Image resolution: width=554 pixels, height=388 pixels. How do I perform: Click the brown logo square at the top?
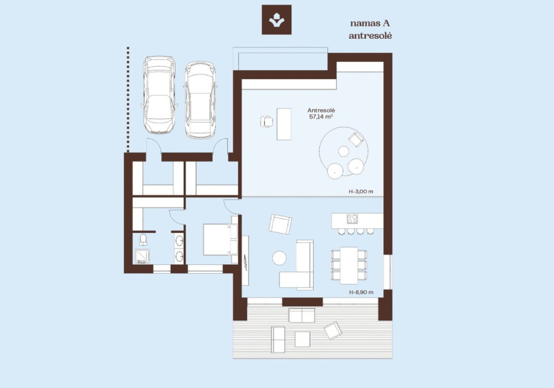click(x=276, y=20)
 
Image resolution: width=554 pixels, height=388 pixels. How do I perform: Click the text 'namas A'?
click(x=370, y=23)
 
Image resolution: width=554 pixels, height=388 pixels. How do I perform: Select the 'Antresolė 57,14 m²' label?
click(x=321, y=114)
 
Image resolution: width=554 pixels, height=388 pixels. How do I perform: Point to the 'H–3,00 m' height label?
click(x=361, y=192)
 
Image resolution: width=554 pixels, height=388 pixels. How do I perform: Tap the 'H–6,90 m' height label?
click(x=361, y=292)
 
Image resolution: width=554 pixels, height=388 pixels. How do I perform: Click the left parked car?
click(x=159, y=95)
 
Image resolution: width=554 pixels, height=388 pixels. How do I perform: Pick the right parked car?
click(x=199, y=100)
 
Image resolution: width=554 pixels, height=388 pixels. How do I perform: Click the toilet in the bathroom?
click(x=143, y=239)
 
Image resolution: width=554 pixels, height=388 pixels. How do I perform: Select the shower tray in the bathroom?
click(x=142, y=256)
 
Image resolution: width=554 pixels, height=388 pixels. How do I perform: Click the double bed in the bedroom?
click(x=221, y=240)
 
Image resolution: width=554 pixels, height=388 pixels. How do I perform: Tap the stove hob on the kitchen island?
click(x=352, y=219)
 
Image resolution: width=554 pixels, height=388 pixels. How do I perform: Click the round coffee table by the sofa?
click(x=279, y=257)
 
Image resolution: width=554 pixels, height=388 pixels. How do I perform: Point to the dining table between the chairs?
click(x=348, y=265)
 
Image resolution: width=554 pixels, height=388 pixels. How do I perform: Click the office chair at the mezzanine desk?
click(x=266, y=122)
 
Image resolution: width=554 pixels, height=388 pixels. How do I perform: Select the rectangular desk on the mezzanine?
click(x=284, y=124)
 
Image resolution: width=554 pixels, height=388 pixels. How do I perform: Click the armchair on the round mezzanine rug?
click(x=356, y=140)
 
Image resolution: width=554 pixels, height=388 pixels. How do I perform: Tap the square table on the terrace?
click(x=302, y=339)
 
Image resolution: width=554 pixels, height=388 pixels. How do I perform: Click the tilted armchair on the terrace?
click(x=333, y=330)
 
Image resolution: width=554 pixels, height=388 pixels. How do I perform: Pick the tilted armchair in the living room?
click(x=280, y=224)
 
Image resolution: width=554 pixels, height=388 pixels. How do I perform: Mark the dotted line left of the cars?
click(x=128, y=99)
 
